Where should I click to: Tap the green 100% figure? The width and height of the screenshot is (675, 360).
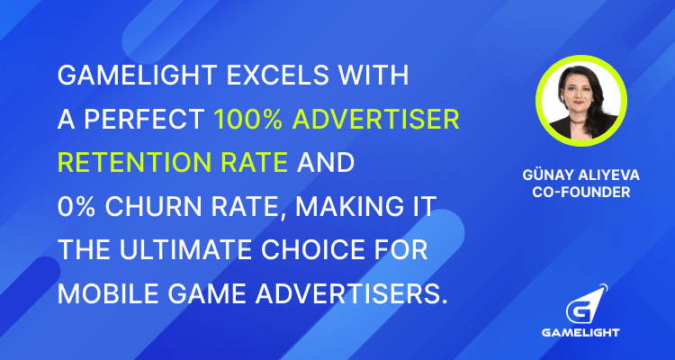(x=248, y=120)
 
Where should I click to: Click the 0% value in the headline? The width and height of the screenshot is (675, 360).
(x=77, y=207)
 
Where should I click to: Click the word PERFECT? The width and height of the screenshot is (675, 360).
(x=144, y=120)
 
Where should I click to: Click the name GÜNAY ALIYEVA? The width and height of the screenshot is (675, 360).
(x=581, y=175)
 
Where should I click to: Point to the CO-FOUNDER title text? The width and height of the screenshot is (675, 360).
(x=581, y=193)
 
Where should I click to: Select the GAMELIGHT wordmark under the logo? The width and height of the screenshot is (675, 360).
(x=580, y=332)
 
